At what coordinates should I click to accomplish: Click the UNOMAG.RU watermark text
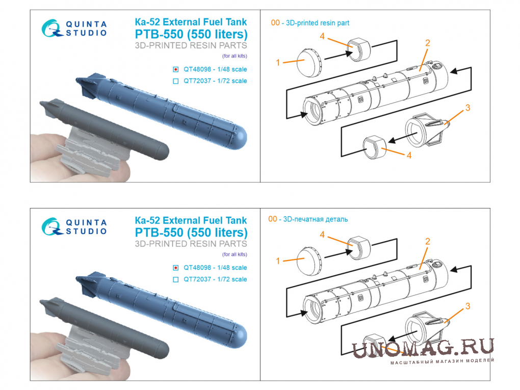tap(423, 348)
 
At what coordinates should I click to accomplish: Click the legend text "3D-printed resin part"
tap(318, 23)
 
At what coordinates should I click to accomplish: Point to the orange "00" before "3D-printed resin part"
tap(275, 23)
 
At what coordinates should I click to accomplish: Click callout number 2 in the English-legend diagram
tap(428, 43)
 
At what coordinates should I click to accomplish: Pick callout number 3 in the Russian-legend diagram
tap(467, 306)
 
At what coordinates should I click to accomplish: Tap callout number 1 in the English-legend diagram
tap(278, 62)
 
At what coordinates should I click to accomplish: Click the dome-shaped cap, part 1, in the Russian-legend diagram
tap(309, 261)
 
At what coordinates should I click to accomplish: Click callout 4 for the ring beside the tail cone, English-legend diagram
tap(409, 155)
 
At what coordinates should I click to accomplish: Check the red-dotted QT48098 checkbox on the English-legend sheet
tap(176, 70)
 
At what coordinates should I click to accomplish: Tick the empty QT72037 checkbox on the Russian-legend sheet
tap(176, 279)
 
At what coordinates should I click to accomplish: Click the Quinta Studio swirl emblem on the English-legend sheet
tap(51, 28)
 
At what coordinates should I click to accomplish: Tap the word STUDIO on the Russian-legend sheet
tap(86, 231)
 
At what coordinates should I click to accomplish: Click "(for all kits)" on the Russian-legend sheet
tap(235, 254)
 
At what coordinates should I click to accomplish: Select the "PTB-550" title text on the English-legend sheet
tap(159, 34)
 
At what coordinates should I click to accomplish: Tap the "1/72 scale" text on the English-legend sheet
tap(232, 81)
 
